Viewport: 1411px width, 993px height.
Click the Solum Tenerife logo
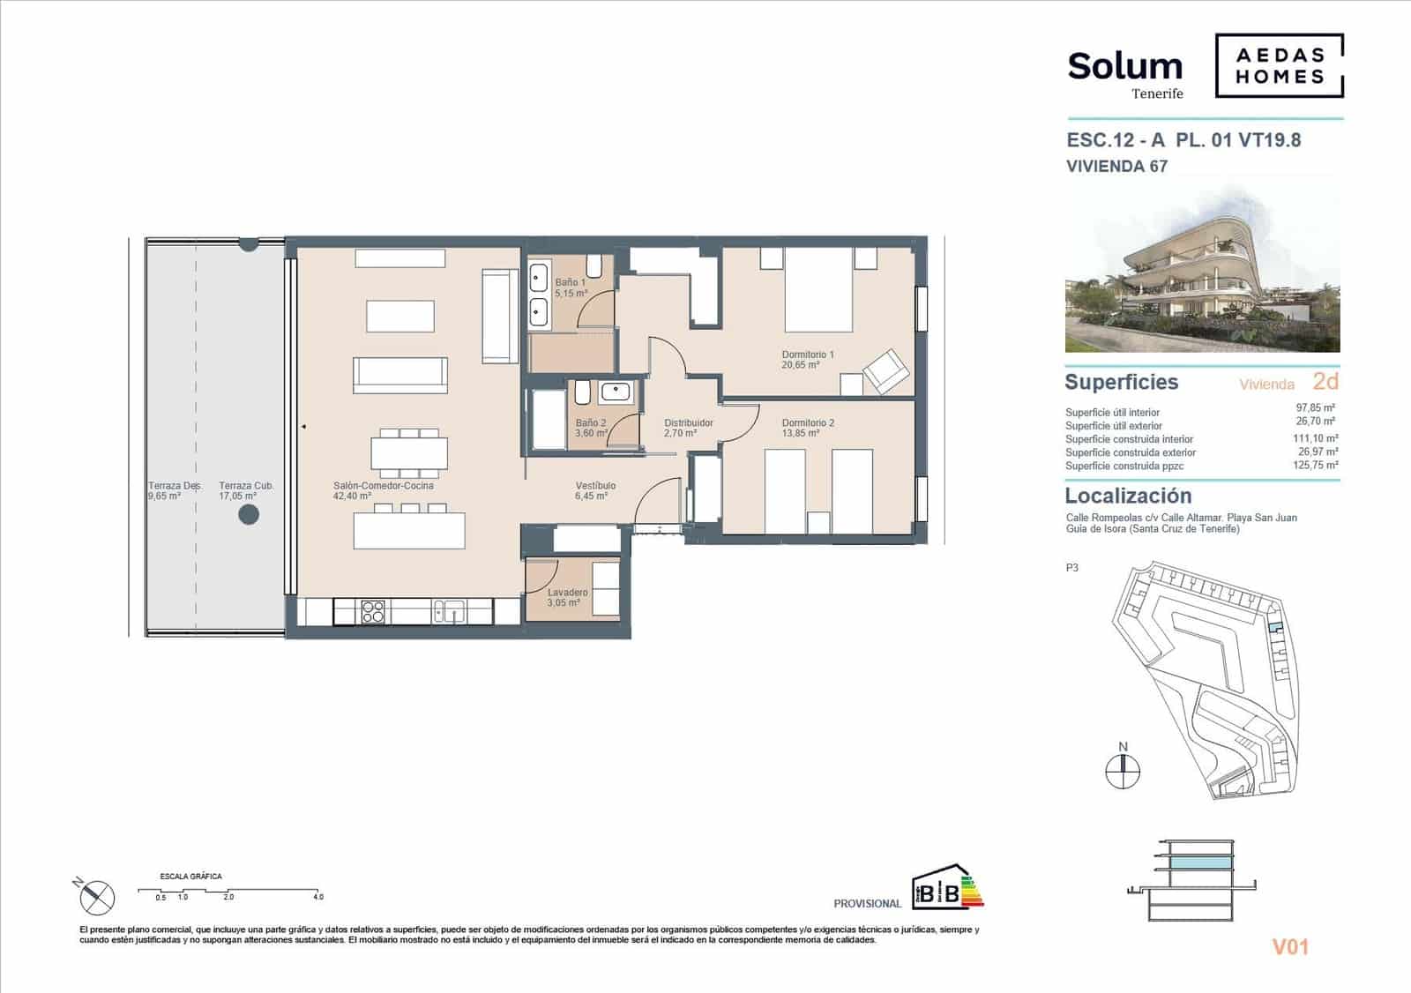point(1124,74)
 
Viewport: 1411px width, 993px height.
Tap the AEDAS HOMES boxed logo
point(1279,65)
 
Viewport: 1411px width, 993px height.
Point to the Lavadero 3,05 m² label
point(566,598)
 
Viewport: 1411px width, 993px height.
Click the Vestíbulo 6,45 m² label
point(594,491)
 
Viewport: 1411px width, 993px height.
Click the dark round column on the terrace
point(249,514)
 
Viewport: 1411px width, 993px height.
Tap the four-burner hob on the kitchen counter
point(373,610)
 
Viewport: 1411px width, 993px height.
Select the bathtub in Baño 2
point(548,421)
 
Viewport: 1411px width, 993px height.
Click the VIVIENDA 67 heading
point(1116,167)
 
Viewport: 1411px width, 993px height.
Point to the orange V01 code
point(1290,947)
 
